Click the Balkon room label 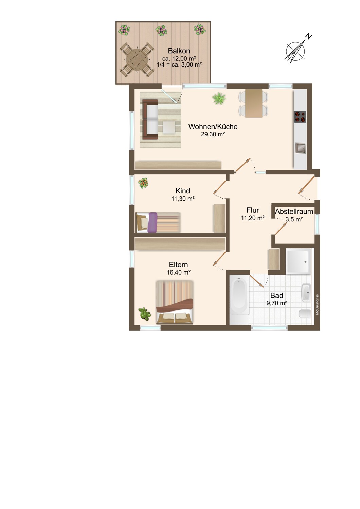click(179, 51)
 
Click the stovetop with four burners click(300, 117)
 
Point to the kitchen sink click(300, 148)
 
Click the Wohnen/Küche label click(213, 126)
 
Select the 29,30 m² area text click(213, 134)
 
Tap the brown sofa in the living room click(150, 119)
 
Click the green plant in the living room click(219, 98)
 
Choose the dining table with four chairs click(253, 103)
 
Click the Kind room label click(183, 191)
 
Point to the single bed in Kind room click(158, 223)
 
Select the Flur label click(253, 210)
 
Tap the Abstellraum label click(294, 211)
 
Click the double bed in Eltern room click(175, 302)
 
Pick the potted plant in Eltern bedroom click(145, 314)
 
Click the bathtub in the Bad click(239, 300)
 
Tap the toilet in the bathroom click(305, 314)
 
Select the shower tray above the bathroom click(299, 261)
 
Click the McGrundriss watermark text click(317, 304)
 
